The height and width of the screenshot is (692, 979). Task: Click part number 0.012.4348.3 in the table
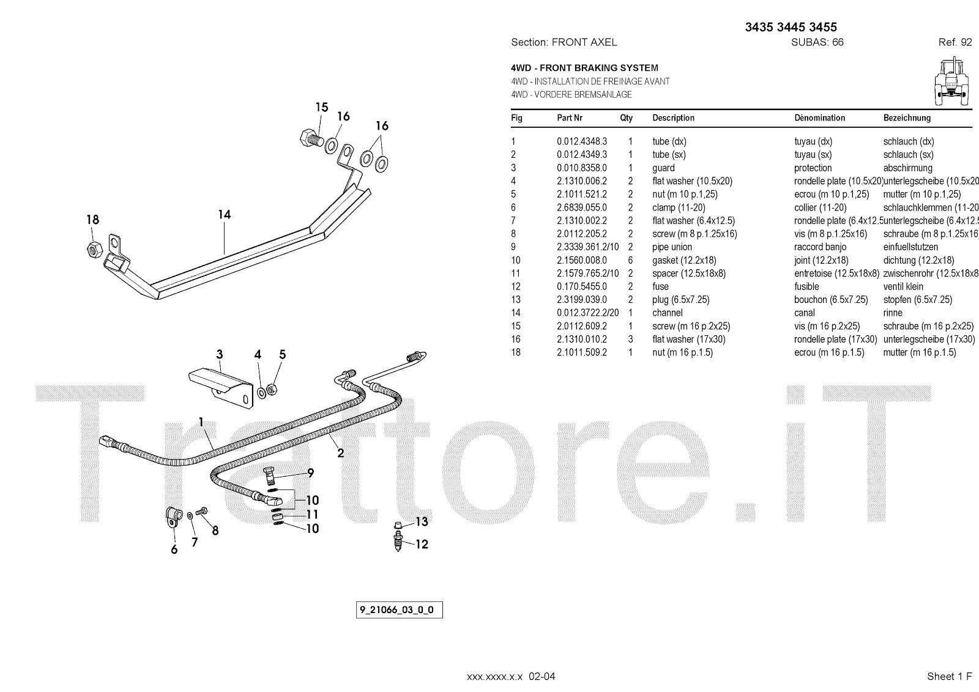point(581,141)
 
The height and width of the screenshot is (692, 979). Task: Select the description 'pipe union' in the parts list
point(672,247)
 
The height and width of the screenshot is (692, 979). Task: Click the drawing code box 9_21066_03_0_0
point(399,610)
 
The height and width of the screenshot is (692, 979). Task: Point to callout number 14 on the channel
point(224,215)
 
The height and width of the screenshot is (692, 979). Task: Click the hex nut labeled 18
point(94,248)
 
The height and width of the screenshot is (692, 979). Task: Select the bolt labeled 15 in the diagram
point(308,138)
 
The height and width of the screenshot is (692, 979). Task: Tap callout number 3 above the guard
point(219,355)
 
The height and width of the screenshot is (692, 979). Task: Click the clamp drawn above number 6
point(173,519)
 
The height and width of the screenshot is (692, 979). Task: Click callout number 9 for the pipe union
point(311,472)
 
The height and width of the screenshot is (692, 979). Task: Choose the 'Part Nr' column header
point(569,118)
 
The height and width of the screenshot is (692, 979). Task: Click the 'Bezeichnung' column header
point(907,118)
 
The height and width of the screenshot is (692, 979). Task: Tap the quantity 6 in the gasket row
point(630,260)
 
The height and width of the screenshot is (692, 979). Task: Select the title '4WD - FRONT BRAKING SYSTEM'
point(584,68)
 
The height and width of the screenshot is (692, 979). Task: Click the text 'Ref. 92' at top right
point(955,42)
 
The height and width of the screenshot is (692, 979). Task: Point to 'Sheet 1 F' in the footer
point(949,676)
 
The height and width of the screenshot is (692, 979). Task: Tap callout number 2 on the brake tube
point(340,453)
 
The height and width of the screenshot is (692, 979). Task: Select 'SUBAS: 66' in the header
point(817,42)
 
